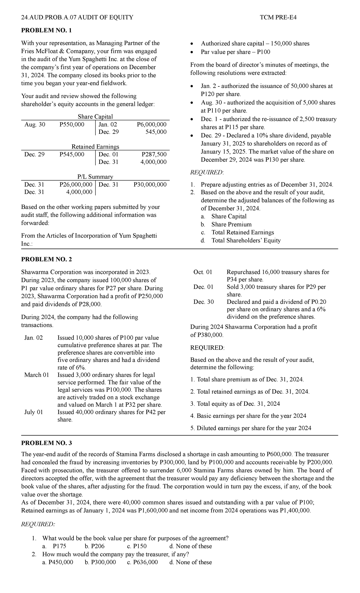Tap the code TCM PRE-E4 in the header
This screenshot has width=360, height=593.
[x=278, y=17]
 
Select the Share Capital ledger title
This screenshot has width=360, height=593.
[x=95, y=116]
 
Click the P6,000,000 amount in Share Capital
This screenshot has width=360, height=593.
[x=151, y=124]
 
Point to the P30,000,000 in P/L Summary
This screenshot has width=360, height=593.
[x=150, y=184]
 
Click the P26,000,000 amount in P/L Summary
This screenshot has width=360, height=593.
[x=76, y=184]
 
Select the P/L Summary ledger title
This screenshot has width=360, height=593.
[x=95, y=177]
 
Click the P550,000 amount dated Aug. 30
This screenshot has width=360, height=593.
[x=72, y=124]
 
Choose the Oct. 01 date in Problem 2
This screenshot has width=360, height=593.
[x=203, y=272]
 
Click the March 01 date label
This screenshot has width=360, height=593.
[x=37, y=375]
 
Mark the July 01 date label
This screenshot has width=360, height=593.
[x=34, y=412]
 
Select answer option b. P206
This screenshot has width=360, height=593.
[x=94, y=546]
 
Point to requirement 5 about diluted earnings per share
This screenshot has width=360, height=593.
[x=251, y=428]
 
